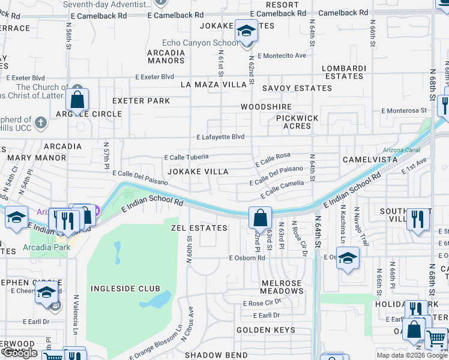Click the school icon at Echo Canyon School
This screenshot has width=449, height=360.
(246, 31)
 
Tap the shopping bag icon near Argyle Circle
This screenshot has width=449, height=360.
(77, 100)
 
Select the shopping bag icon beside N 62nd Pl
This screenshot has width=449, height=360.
(261, 217)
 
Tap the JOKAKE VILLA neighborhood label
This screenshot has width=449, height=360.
(197, 172)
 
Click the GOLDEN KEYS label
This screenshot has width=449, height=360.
(265, 330)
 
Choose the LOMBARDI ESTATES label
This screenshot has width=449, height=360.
(344, 72)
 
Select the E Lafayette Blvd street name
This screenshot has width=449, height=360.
(220, 137)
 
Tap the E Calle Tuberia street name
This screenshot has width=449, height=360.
(186, 157)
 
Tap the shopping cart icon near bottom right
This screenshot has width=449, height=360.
(436, 339)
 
